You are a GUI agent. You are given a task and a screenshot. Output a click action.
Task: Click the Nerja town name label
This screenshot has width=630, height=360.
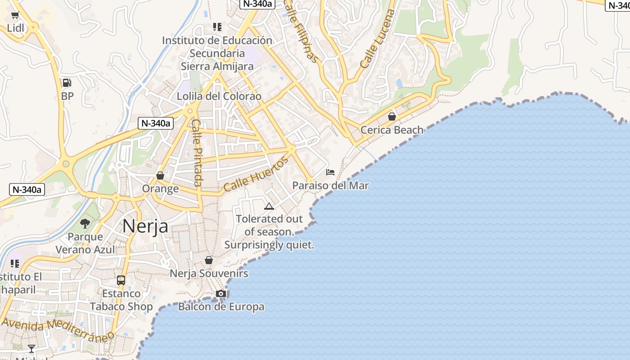pos(145,226)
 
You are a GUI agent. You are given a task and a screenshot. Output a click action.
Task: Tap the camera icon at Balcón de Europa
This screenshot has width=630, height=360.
pos(220,294)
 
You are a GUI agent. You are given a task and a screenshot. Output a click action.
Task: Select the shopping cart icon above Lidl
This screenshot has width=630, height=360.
pos(15,15)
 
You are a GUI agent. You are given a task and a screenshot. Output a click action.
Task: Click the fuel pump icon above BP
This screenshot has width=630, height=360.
pos(67,83)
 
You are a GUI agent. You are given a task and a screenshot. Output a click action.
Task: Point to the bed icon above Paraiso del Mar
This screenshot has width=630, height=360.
pos(330,172)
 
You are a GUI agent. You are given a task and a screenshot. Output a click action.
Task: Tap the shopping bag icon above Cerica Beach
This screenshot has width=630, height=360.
pos(392,117)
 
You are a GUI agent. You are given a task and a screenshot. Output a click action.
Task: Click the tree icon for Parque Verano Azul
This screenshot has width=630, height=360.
pos(85,224)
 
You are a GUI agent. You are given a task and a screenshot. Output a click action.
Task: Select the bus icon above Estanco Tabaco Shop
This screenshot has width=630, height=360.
pos(121,280)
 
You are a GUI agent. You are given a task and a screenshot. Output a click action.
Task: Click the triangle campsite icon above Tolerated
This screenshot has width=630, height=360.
pos(269,206)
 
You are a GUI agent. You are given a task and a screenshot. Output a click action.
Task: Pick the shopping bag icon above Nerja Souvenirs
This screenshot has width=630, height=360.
pos(209,260)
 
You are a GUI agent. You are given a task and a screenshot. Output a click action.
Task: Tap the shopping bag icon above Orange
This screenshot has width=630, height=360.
pos(160,175)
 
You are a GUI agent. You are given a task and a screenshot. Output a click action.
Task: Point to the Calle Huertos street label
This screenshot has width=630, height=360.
pos(256,175)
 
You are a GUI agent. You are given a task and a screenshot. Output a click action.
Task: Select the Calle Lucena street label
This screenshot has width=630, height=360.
pos(378,39)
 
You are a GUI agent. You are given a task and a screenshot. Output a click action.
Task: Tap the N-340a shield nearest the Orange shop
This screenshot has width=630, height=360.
pos(155,123)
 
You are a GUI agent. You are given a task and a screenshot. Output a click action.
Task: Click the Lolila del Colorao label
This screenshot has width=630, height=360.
pos(219,96)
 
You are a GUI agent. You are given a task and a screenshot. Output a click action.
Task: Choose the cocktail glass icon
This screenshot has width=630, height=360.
pos(31,348)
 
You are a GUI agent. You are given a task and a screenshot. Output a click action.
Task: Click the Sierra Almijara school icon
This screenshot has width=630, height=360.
pos(217,27)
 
